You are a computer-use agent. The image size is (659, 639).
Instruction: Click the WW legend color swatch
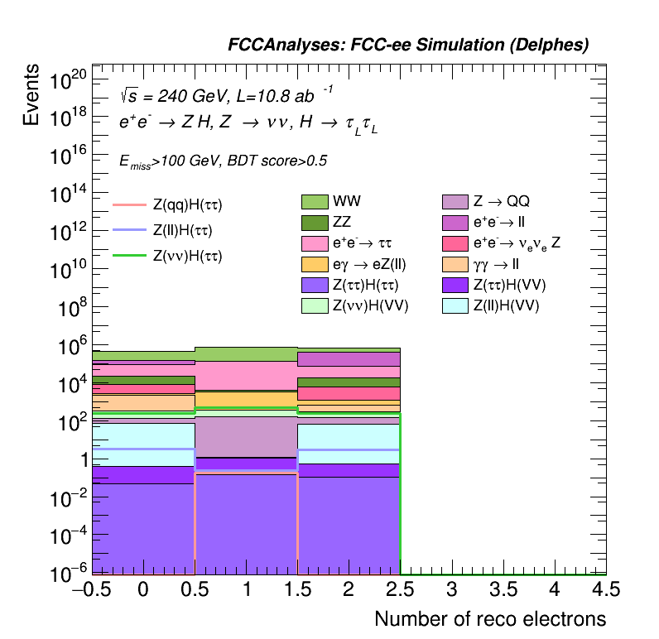(x=315, y=202)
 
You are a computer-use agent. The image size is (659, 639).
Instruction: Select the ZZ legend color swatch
(x=315, y=223)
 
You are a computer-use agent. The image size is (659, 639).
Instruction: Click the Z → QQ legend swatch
(x=455, y=202)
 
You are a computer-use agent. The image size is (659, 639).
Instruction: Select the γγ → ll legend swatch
(x=455, y=265)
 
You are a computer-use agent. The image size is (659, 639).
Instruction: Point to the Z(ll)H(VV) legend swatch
(x=455, y=306)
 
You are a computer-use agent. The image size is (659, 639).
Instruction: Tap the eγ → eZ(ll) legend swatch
(x=315, y=265)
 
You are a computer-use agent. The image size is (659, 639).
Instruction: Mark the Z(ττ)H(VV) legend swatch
(x=455, y=286)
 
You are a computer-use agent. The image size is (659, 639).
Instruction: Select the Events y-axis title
(x=31, y=95)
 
